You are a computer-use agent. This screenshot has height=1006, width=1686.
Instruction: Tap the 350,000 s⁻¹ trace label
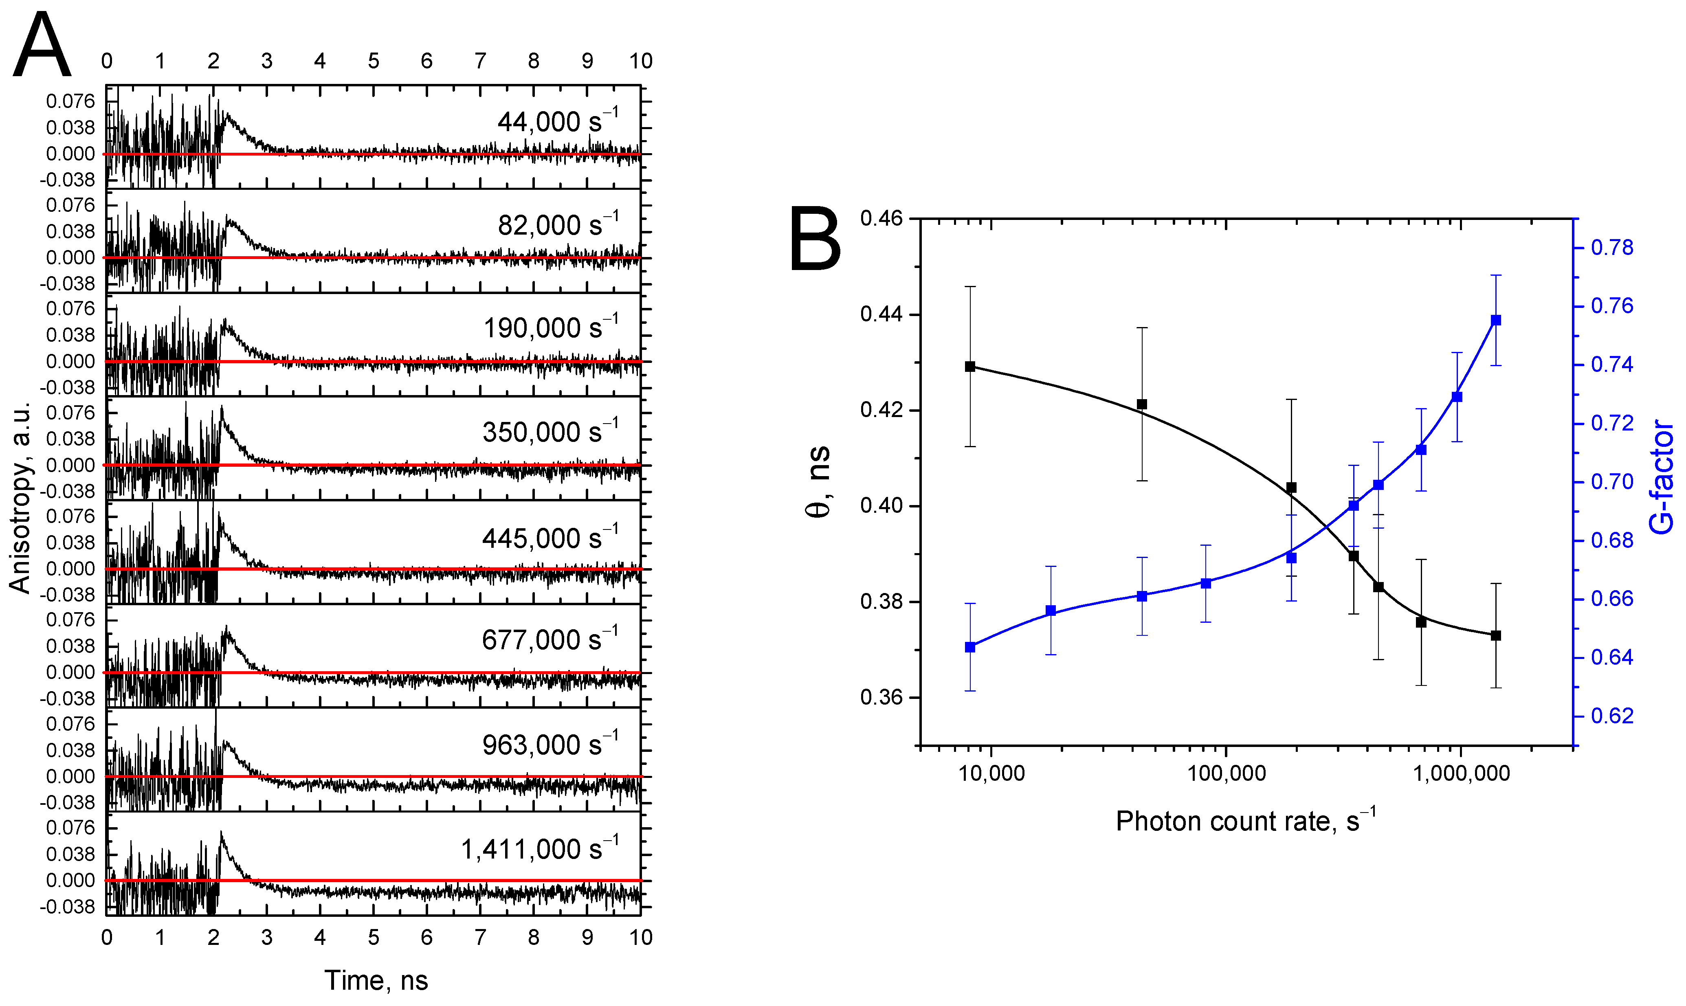click(x=550, y=431)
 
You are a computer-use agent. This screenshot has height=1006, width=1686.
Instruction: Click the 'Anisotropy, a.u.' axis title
click(x=20, y=498)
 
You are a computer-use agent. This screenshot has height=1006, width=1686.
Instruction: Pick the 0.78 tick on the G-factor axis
click(x=1612, y=248)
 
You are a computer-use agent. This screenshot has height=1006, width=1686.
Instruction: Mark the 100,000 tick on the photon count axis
click(x=1227, y=773)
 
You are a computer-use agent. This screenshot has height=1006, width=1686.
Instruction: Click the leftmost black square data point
click(x=970, y=367)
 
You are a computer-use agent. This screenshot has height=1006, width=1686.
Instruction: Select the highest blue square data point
click(x=1496, y=320)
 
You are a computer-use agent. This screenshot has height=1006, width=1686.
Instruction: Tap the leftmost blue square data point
click(x=970, y=648)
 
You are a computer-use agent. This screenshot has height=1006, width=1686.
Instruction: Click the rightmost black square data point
click(x=1496, y=635)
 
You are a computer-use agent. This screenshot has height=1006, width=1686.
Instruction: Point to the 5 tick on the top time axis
click(x=374, y=61)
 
